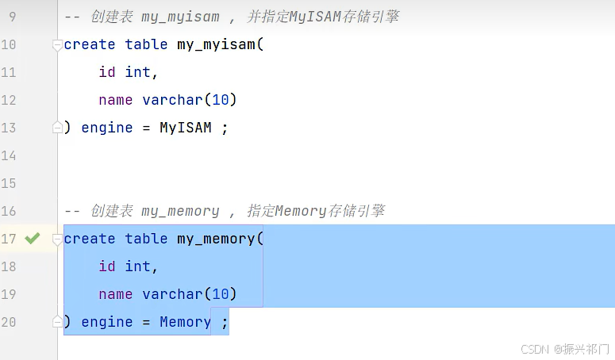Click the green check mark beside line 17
tap(33, 238)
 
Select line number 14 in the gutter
tap(8, 155)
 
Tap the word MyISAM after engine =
tap(186, 128)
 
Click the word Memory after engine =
tap(185, 322)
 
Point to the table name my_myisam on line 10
tap(216, 44)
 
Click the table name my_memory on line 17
tap(216, 239)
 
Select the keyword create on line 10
tap(90, 44)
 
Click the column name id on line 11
tap(107, 72)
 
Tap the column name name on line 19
tap(116, 294)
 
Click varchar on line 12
tap(172, 100)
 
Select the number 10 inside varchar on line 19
tap(221, 294)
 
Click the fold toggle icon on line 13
tap(57, 128)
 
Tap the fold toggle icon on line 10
tap(57, 45)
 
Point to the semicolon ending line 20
tap(225, 324)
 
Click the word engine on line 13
tap(107, 128)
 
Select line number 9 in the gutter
tap(12, 17)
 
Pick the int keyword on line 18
tap(137, 266)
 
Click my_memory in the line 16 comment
tap(180, 212)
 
